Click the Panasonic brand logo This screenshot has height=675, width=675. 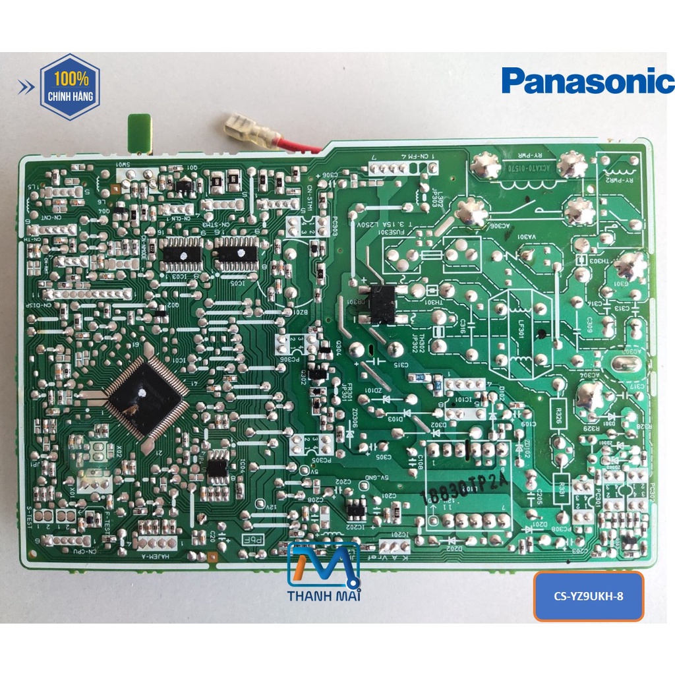[587, 80]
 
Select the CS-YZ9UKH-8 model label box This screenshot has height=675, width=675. [588, 597]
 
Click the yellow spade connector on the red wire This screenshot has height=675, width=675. [241, 128]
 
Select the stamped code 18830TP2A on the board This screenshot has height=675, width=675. [465, 490]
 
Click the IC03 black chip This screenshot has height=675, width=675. [181, 254]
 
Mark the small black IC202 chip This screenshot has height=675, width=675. [356, 508]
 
